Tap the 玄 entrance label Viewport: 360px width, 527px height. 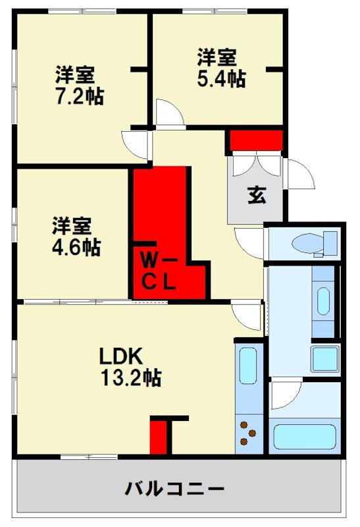point(256,196)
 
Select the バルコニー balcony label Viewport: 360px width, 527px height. point(175,489)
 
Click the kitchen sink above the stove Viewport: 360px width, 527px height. point(248,373)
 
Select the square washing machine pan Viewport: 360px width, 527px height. point(324,359)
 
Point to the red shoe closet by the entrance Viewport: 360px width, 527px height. point(256,141)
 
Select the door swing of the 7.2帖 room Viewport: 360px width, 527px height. point(136,144)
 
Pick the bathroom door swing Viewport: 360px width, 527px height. point(284,393)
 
